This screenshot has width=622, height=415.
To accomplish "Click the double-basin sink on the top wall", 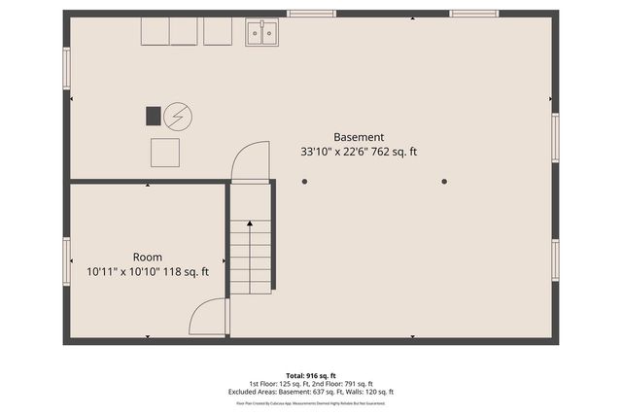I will [261, 33].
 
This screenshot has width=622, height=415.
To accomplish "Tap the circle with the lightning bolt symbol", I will [178, 117].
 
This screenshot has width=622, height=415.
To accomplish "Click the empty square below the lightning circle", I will [165, 153].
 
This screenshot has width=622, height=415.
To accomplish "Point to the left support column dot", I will [304, 181].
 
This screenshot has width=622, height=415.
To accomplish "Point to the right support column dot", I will [444, 181].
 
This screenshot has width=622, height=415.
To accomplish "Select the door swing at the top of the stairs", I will [252, 161].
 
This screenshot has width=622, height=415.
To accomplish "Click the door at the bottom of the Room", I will [208, 319].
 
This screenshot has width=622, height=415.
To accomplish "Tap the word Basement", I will [359, 137].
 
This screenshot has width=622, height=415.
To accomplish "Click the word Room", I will [148, 258].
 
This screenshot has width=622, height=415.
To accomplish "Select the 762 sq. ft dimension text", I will [392, 152].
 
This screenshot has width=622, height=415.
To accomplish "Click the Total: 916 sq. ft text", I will [310, 375].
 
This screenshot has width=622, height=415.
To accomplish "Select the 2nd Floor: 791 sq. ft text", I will [346, 384].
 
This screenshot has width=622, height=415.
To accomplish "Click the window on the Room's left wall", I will [67, 261].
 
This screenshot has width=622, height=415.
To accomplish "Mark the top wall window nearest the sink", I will [311, 14].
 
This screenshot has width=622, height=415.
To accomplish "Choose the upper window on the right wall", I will [555, 133].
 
